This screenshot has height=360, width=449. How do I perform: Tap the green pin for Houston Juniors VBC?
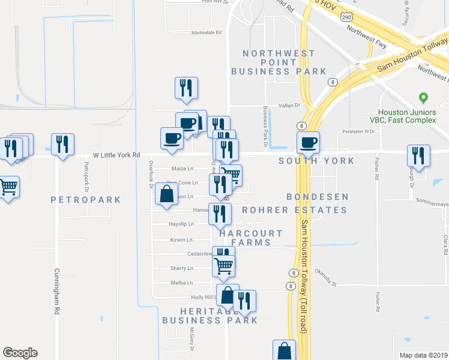(424, 97)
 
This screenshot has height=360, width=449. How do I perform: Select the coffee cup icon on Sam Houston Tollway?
(309, 143)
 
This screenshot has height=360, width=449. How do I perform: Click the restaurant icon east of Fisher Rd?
(418, 155)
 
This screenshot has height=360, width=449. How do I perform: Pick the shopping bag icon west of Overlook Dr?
(166, 194)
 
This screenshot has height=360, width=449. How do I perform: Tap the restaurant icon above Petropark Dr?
(62, 145)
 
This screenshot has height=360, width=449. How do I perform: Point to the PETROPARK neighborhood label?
(86, 200)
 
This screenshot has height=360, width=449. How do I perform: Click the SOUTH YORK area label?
(316, 161)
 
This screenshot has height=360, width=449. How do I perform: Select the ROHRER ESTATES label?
(295, 210)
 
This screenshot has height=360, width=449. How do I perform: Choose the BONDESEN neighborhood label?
(318, 197)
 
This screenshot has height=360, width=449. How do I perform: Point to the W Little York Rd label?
(116, 155)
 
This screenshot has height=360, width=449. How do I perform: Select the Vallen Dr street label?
(288, 105)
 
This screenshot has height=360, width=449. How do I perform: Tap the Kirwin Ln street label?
(182, 239)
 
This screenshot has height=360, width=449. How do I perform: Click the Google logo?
(20, 353)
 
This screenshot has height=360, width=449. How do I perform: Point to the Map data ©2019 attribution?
(423, 355)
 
